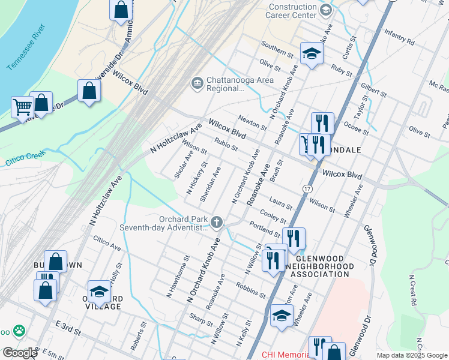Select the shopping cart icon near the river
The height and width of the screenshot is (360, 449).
click(22, 107)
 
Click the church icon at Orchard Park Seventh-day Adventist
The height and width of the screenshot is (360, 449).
click(217, 223)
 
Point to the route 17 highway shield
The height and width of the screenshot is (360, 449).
click(307, 188)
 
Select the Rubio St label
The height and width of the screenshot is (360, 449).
click(226, 145)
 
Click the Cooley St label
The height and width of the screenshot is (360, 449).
click(273, 217)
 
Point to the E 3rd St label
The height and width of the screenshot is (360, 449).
click(68, 328)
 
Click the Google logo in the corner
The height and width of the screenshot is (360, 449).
click(19, 353)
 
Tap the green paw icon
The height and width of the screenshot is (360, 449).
click(20, 330)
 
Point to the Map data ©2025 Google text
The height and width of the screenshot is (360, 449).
click(412, 355)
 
